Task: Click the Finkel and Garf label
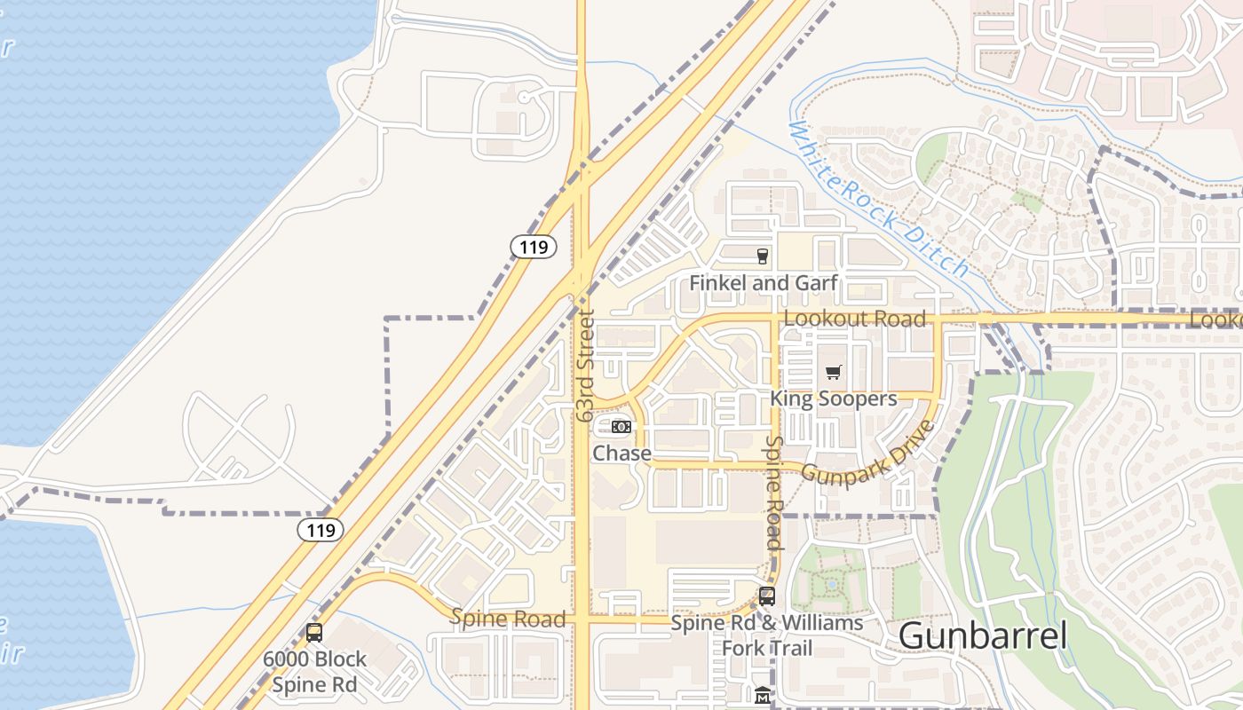tap(764, 283)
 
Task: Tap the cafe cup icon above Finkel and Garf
tap(762, 256)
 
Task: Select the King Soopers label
tap(833, 398)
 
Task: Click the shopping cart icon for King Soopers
tap(833, 373)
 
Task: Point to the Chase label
tap(621, 454)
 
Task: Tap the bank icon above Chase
tap(621, 427)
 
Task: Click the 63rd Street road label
tap(583, 365)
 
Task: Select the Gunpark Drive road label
tap(868, 454)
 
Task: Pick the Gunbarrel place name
tap(982, 635)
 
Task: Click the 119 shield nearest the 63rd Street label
tap(534, 247)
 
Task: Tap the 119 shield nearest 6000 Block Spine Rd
tap(320, 531)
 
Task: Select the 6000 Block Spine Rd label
tap(314, 672)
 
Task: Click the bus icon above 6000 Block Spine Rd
tap(314, 633)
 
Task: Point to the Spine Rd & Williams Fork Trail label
tap(767, 635)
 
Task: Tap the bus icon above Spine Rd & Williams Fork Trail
tap(767, 596)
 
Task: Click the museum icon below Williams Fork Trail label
tap(762, 695)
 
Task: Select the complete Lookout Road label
tap(855, 319)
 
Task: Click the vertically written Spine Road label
tap(773, 493)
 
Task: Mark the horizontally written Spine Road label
tap(508, 619)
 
